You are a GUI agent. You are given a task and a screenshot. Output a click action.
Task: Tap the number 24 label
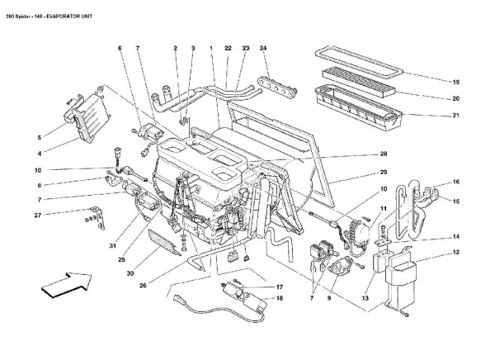click(263, 50)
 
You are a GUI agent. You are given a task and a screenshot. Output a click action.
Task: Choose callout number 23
click(245, 50)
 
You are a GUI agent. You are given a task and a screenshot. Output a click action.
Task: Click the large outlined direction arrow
click(64, 286)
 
